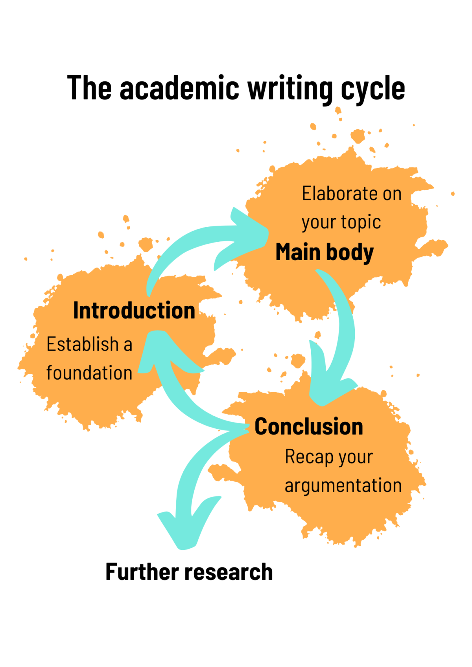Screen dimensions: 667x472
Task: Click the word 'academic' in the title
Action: tap(179, 88)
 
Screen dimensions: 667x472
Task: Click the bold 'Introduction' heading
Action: tap(134, 311)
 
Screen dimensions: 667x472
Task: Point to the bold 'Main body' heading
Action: tap(324, 252)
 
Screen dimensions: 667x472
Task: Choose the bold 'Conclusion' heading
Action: tap(309, 426)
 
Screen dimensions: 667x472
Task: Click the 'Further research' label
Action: tap(189, 572)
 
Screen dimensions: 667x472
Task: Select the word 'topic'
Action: tap(361, 222)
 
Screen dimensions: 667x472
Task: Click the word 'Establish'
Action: tap(83, 344)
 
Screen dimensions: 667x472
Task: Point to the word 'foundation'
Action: tap(89, 373)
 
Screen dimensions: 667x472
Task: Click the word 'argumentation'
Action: tap(343, 486)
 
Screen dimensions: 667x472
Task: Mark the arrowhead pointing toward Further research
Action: tap(185, 527)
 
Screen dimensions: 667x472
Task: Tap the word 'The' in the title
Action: tap(89, 88)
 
